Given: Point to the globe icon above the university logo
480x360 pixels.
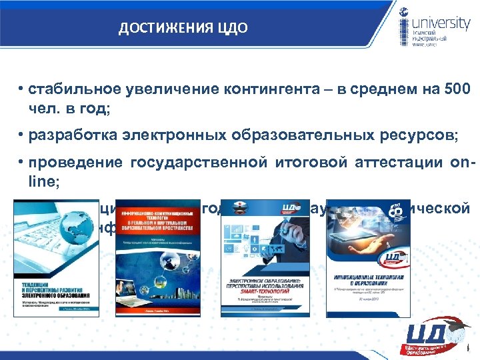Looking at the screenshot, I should (x=405, y=11).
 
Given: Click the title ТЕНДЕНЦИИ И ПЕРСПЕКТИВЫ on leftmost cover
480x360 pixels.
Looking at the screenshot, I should (x=53, y=291).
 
